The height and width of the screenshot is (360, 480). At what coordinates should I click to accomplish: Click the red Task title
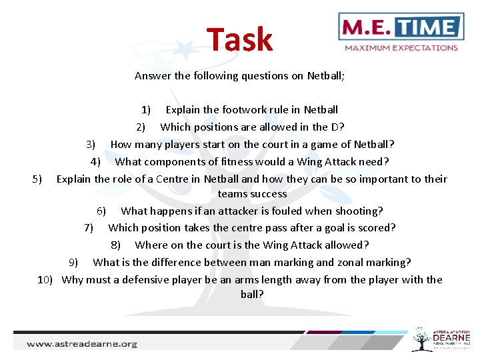[239, 40]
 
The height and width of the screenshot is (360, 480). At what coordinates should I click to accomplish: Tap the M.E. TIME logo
[401, 27]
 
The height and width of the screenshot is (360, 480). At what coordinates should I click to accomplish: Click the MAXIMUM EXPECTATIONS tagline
[401, 48]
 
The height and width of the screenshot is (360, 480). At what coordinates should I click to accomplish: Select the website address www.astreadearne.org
[81, 344]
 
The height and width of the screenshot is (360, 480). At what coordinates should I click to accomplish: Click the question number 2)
[141, 127]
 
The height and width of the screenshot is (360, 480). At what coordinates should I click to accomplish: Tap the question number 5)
[37, 179]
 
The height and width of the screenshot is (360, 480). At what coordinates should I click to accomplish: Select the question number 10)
[45, 279]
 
